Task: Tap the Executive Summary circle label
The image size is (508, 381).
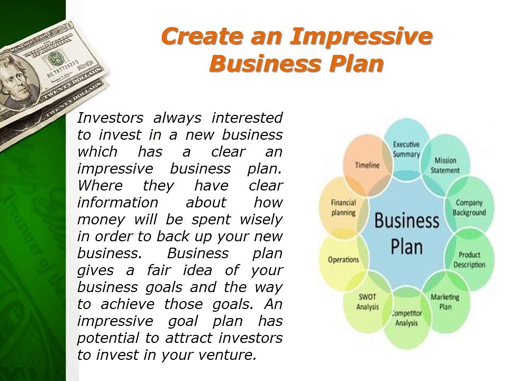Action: (x=406, y=149)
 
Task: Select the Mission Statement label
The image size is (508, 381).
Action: (x=445, y=166)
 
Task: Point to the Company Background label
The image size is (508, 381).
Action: (x=469, y=207)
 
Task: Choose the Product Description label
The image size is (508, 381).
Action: (x=469, y=259)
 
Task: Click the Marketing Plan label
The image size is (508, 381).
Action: (x=444, y=302)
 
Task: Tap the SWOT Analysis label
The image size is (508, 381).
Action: (x=367, y=302)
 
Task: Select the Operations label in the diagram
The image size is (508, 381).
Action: (x=343, y=260)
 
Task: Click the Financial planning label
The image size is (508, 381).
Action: (x=343, y=207)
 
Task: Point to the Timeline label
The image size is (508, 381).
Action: (x=367, y=165)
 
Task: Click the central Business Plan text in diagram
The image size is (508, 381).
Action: (x=406, y=233)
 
